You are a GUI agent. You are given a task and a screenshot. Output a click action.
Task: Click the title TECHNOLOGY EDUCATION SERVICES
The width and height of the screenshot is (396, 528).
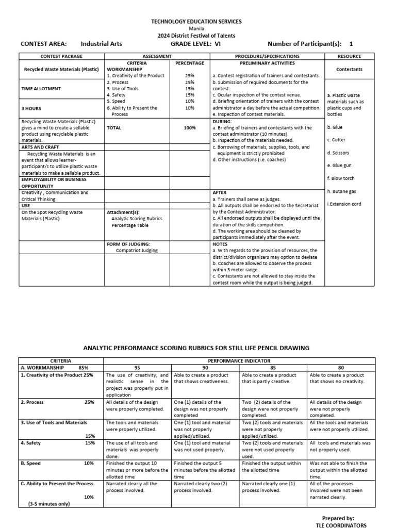(x=195, y=21)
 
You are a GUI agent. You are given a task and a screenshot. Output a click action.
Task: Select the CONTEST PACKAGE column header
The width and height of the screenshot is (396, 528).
(x=61, y=56)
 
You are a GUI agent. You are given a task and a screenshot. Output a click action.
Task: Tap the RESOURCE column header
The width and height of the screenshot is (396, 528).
(x=349, y=56)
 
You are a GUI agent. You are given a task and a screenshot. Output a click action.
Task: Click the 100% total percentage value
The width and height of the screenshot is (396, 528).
(x=189, y=127)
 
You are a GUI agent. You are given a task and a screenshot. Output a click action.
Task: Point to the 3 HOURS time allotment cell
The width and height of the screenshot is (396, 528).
(x=31, y=108)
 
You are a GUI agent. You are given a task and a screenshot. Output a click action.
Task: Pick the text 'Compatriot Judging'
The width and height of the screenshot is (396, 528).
(x=137, y=251)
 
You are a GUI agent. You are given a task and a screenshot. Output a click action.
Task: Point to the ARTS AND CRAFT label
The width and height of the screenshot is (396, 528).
(x=41, y=147)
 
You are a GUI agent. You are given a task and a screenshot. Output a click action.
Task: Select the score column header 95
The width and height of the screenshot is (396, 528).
(x=137, y=368)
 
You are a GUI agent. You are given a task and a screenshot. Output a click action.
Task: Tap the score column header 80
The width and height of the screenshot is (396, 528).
(x=341, y=368)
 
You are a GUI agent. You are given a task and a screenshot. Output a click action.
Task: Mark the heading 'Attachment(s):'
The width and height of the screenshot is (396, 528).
(x=123, y=212)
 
